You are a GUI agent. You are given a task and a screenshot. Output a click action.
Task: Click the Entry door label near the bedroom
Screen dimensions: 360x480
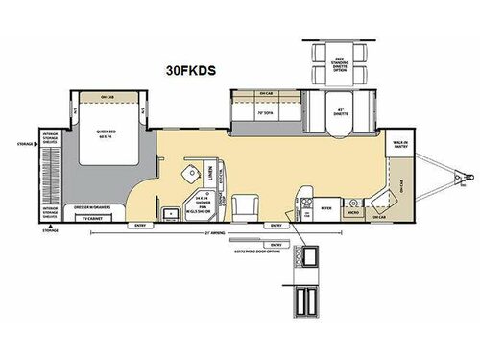click(x=141, y=227)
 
